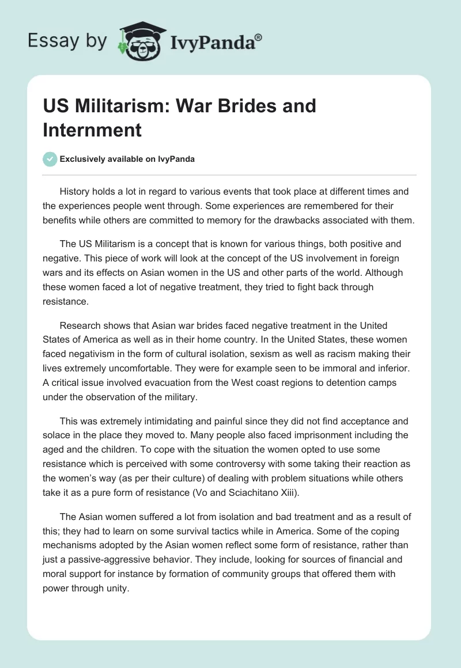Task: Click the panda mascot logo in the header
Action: pyautogui.click(x=141, y=40)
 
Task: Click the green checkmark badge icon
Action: pyautogui.click(x=50, y=159)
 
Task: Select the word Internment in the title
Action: pyautogui.click(x=92, y=130)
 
